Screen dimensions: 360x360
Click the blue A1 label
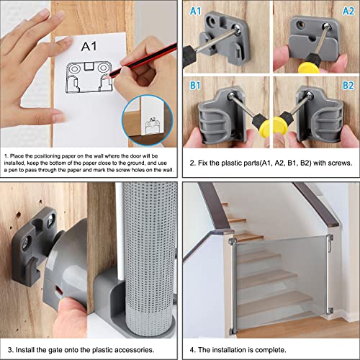click(x=195, y=12)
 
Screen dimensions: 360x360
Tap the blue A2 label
click(x=348, y=12)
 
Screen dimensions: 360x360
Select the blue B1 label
click(x=195, y=86)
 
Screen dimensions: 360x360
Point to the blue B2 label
click(x=348, y=86)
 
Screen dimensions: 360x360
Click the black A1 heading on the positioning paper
click(x=89, y=46)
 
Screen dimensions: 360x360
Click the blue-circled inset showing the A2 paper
click(x=147, y=120)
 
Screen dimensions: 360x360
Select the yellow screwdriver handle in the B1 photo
click(x=266, y=129)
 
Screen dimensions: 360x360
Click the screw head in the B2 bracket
click(x=309, y=95)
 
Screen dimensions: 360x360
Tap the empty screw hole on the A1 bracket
click(x=212, y=22)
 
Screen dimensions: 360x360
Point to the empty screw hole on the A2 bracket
click(x=300, y=24)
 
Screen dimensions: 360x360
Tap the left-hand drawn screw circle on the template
click(x=73, y=69)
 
